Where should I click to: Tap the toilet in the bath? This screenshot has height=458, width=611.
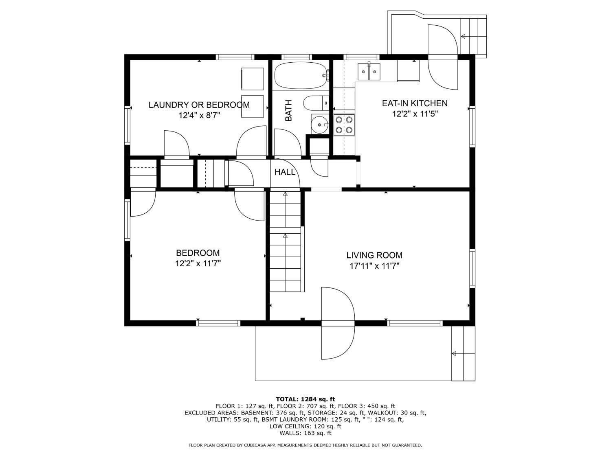tap(316, 103)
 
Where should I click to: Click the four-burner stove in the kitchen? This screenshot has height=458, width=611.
tap(344, 125)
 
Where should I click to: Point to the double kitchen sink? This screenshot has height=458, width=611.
tap(369, 72)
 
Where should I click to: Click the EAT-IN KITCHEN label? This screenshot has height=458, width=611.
tap(415, 103)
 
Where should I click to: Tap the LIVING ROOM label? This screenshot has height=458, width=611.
tap(374, 255)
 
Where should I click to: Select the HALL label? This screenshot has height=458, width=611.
tap(285, 172)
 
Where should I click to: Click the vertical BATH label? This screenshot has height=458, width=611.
tap(289, 110)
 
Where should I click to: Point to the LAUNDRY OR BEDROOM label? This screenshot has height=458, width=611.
tap(199, 105)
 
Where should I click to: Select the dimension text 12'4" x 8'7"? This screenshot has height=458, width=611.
tap(199, 115)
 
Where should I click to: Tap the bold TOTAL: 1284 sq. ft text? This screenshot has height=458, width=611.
tap(305, 400)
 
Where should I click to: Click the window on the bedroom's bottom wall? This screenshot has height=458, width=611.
tap(218, 323)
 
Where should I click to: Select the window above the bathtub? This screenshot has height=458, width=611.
tap(296, 57)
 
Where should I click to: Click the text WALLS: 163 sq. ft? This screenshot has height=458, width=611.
tap(305, 433)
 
